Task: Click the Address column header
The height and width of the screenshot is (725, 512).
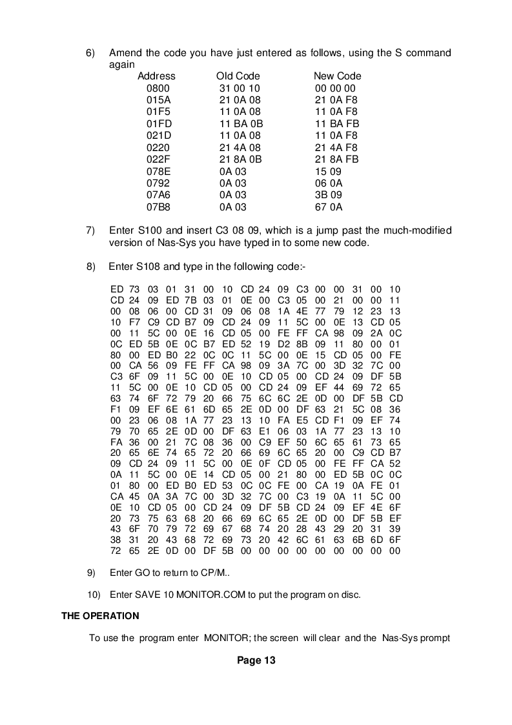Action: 156,76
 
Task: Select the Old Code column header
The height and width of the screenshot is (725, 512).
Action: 238,76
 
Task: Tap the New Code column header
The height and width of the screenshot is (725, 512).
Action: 337,76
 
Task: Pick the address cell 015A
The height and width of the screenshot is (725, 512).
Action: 158,100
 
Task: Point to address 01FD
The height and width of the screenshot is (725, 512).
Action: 158,124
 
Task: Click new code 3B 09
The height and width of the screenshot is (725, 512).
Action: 328,195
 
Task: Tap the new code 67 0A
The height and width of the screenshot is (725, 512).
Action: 328,207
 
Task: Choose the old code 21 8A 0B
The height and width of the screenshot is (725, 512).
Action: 240,159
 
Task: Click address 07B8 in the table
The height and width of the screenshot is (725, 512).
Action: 158,207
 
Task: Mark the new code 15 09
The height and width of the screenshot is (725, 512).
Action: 327,172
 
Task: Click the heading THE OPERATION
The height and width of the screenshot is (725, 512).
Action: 100,615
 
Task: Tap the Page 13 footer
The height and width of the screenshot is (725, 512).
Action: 256,660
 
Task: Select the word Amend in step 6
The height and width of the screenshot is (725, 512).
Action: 125,52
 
